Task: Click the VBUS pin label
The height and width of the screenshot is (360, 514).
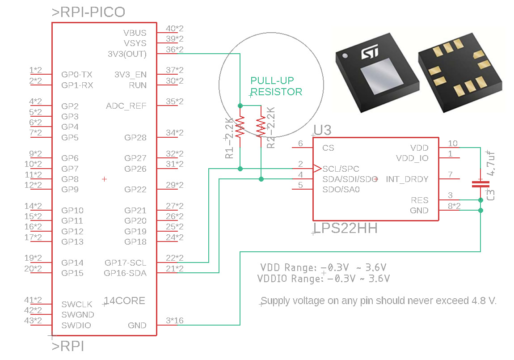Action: point(135,33)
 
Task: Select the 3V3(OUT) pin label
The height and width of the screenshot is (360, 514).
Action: point(127,54)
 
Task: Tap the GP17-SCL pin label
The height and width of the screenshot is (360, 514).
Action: point(125,263)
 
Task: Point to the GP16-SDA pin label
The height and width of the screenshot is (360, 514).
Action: point(125,273)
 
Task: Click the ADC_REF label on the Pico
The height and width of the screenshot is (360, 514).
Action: point(126,106)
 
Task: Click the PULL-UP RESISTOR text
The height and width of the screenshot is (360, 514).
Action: point(276,86)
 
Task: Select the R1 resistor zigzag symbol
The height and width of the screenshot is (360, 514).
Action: point(240,127)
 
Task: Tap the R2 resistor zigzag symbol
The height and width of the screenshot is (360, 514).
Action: point(261,127)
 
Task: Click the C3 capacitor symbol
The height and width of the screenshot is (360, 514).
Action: point(480,184)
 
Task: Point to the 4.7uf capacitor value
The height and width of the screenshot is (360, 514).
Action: point(490,163)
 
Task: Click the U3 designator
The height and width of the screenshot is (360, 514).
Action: point(322,130)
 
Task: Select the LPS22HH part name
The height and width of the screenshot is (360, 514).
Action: point(345,228)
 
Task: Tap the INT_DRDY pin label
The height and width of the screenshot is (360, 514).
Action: point(407,179)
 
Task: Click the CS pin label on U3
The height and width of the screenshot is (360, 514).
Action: point(328,148)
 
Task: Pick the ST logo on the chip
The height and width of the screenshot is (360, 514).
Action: point(370,52)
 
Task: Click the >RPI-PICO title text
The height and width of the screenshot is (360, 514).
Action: point(88,12)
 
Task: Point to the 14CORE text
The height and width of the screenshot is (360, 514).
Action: point(124,301)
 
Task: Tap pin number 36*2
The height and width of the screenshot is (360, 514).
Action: point(175,50)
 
